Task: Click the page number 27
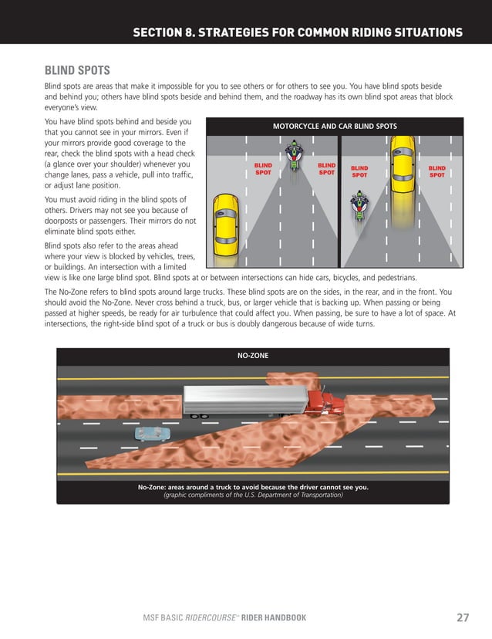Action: tap(463, 617)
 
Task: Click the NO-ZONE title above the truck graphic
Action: tap(252, 357)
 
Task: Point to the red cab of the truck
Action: tap(323, 401)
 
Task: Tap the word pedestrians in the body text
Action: tap(396, 276)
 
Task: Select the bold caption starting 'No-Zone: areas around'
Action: tap(252, 487)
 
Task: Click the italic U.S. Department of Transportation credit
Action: tap(252, 495)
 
